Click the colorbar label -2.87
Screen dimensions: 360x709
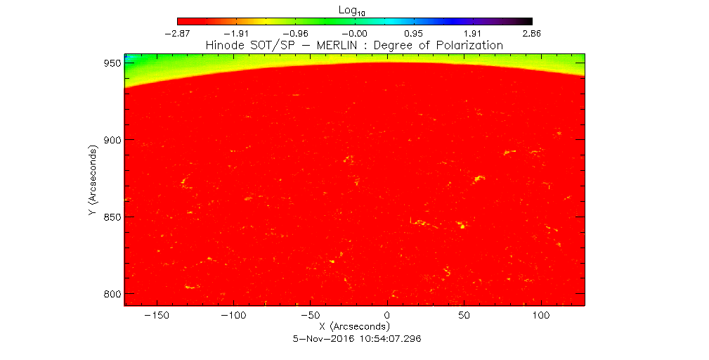(x=178, y=32)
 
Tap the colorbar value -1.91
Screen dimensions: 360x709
(x=237, y=32)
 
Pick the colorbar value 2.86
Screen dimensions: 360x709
(x=531, y=32)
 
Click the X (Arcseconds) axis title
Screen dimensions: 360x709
(x=354, y=327)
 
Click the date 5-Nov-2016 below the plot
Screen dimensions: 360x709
(x=322, y=338)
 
